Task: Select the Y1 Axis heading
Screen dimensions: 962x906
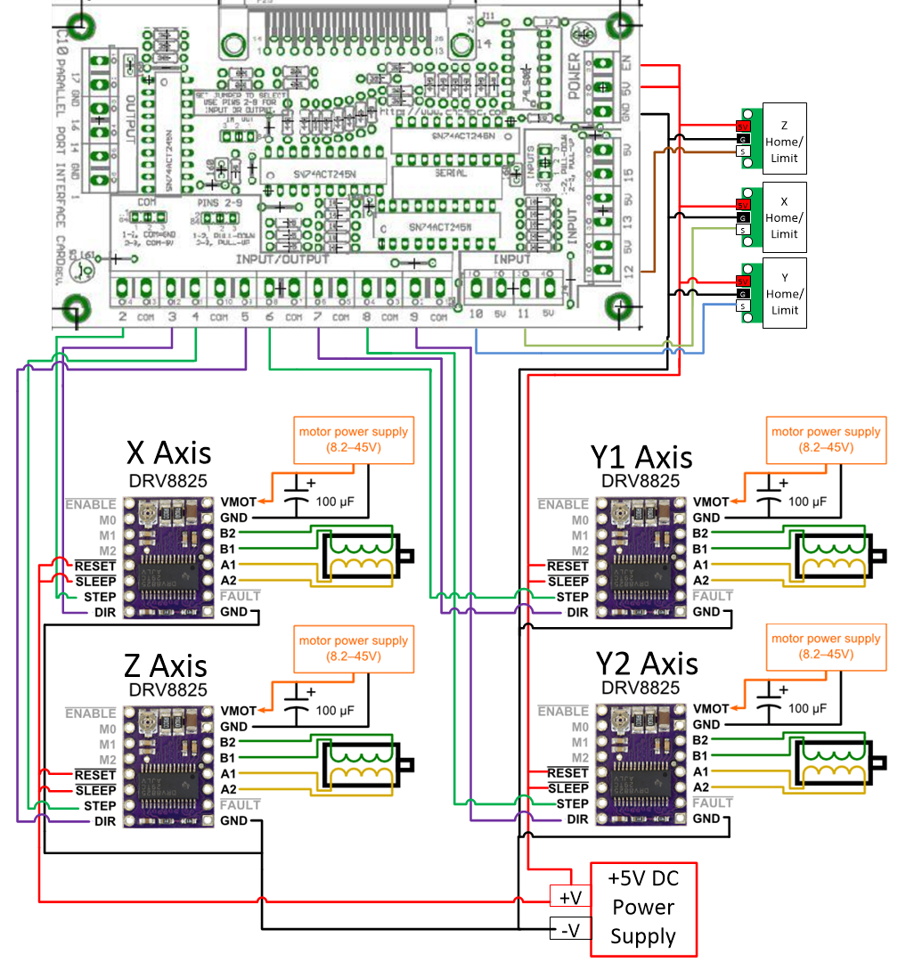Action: click(641, 457)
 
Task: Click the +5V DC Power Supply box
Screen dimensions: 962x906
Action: click(644, 909)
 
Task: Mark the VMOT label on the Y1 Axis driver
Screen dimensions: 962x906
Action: click(711, 502)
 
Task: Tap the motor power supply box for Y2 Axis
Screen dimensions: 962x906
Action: click(826, 646)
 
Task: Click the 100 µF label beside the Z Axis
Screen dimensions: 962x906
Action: click(338, 711)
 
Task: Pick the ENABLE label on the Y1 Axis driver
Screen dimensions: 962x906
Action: click(563, 504)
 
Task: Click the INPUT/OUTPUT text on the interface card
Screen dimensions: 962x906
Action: click(282, 259)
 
